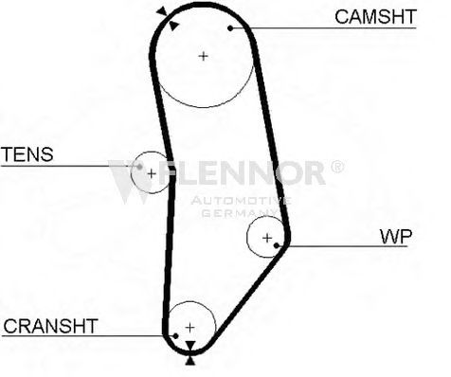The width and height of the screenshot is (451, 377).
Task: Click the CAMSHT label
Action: (x=375, y=17)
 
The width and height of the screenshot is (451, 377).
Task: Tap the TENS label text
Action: (x=27, y=154)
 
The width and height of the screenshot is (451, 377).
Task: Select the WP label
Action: (x=396, y=237)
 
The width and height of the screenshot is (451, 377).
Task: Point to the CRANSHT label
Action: (x=50, y=326)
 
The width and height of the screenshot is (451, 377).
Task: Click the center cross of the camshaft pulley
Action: (x=204, y=57)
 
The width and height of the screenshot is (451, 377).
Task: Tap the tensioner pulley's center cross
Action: (x=152, y=173)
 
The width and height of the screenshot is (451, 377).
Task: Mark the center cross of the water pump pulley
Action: (x=267, y=238)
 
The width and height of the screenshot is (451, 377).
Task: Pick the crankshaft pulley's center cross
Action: (x=189, y=328)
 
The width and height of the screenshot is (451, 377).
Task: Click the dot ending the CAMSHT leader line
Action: (x=230, y=28)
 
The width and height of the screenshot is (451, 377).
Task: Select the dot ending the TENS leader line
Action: (x=139, y=167)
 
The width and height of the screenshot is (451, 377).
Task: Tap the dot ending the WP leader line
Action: (x=277, y=245)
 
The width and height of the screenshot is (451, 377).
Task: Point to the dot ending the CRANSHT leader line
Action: (x=175, y=336)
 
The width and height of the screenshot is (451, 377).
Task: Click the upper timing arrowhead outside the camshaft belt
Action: (x=162, y=11)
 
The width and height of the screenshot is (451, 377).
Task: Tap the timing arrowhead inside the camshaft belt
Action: (x=173, y=26)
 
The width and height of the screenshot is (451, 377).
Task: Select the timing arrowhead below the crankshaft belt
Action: (x=189, y=361)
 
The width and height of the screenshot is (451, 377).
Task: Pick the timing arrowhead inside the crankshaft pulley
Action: (x=189, y=346)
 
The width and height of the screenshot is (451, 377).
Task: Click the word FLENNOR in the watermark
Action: (x=243, y=172)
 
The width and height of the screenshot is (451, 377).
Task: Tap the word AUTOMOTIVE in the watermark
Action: (x=241, y=201)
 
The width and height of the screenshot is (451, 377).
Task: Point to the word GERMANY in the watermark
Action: (x=240, y=213)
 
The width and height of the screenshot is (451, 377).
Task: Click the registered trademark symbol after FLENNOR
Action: (x=336, y=167)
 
